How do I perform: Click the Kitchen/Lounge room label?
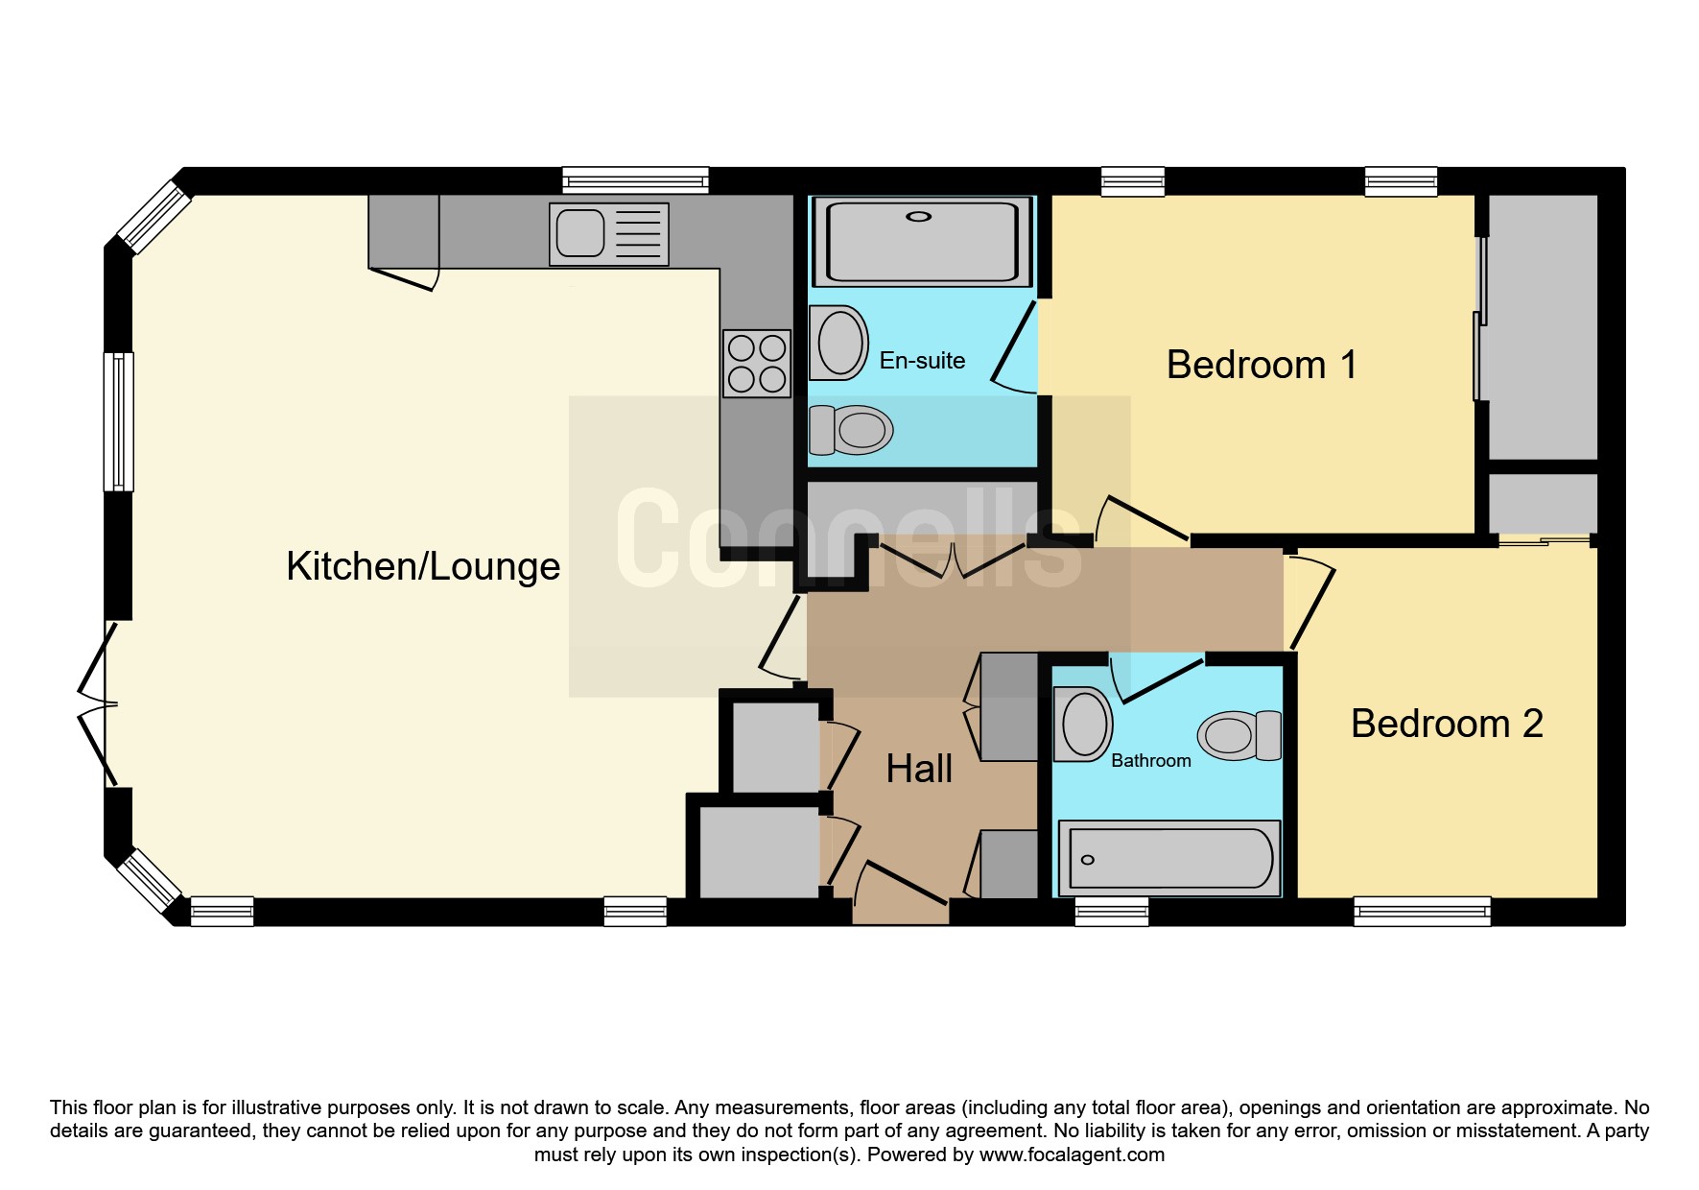pos(423,566)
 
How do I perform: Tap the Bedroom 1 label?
pos(1262,365)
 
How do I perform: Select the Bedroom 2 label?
pos(1447,724)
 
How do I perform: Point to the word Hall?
pos(919,769)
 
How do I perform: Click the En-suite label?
pos(922,361)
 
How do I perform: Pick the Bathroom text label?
pos(1151,760)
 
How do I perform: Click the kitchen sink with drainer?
pos(609,233)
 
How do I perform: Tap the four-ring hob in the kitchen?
pos(757,363)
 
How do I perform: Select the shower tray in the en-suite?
pos(920,241)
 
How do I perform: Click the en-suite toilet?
pos(852,430)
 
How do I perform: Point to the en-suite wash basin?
pos(838,342)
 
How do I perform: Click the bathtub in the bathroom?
pos(1169,858)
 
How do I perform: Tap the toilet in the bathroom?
pos(1239,736)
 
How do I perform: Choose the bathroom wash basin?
pos(1084,724)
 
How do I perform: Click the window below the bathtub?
pos(1112,911)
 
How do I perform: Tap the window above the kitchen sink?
pos(635,181)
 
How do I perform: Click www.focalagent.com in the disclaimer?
pos(1072,1154)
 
